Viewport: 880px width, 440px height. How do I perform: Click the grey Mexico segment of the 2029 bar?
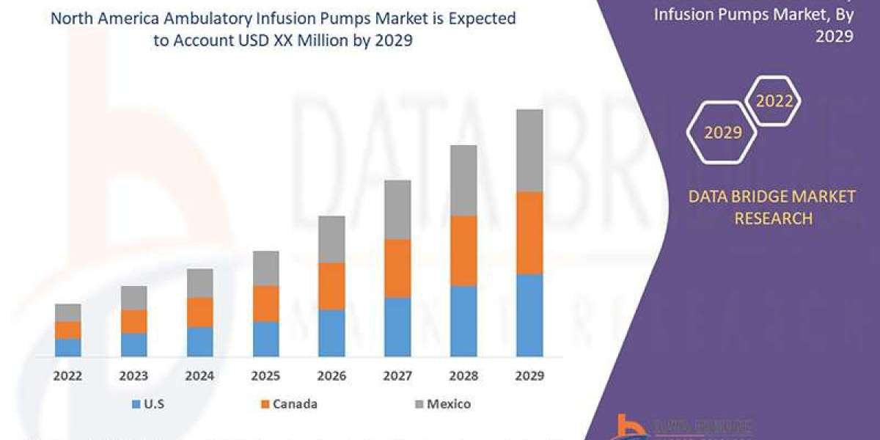[x=529, y=150]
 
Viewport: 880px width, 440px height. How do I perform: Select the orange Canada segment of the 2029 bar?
[x=529, y=233]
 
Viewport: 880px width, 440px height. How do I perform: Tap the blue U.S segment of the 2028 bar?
[x=463, y=321]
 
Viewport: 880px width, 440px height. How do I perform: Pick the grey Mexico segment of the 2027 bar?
[x=397, y=210]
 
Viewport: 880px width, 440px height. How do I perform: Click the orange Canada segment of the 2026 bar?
[x=331, y=286]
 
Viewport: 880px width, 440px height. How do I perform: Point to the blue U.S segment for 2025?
[x=265, y=339]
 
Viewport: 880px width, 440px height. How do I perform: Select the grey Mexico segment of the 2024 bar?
[x=199, y=283]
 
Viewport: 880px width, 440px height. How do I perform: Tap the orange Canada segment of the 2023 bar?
[x=133, y=321]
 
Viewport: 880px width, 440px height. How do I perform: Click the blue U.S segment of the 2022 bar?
[x=67, y=348]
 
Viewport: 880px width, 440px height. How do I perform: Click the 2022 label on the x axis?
[x=67, y=376]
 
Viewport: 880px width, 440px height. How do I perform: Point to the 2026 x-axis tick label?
[x=331, y=376]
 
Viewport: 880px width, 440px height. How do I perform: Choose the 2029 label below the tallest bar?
[x=529, y=376]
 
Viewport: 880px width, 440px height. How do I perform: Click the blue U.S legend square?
[x=136, y=404]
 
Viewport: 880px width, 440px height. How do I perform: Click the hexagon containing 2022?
[x=774, y=101]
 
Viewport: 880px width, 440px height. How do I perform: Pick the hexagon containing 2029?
[x=722, y=133]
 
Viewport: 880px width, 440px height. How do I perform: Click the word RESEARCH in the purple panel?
[x=774, y=218]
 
